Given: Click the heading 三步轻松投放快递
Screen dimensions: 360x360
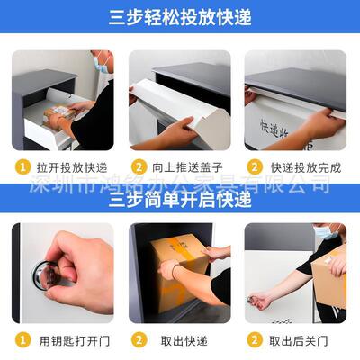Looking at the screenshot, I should pyautogui.click(x=180, y=17).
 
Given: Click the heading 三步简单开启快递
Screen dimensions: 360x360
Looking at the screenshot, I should pyautogui.click(x=180, y=202).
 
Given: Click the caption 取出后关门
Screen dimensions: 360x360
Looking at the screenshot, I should pyautogui.click(x=301, y=340).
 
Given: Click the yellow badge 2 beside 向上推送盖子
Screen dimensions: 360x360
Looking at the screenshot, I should pyautogui.click(x=139, y=166).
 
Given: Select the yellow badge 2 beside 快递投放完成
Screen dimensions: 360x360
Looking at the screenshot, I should pyautogui.click(x=255, y=166).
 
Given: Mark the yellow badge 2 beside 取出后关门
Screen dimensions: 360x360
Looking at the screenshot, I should pyautogui.click(x=255, y=340).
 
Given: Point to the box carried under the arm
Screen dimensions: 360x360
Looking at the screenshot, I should pyautogui.click(x=329, y=281).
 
